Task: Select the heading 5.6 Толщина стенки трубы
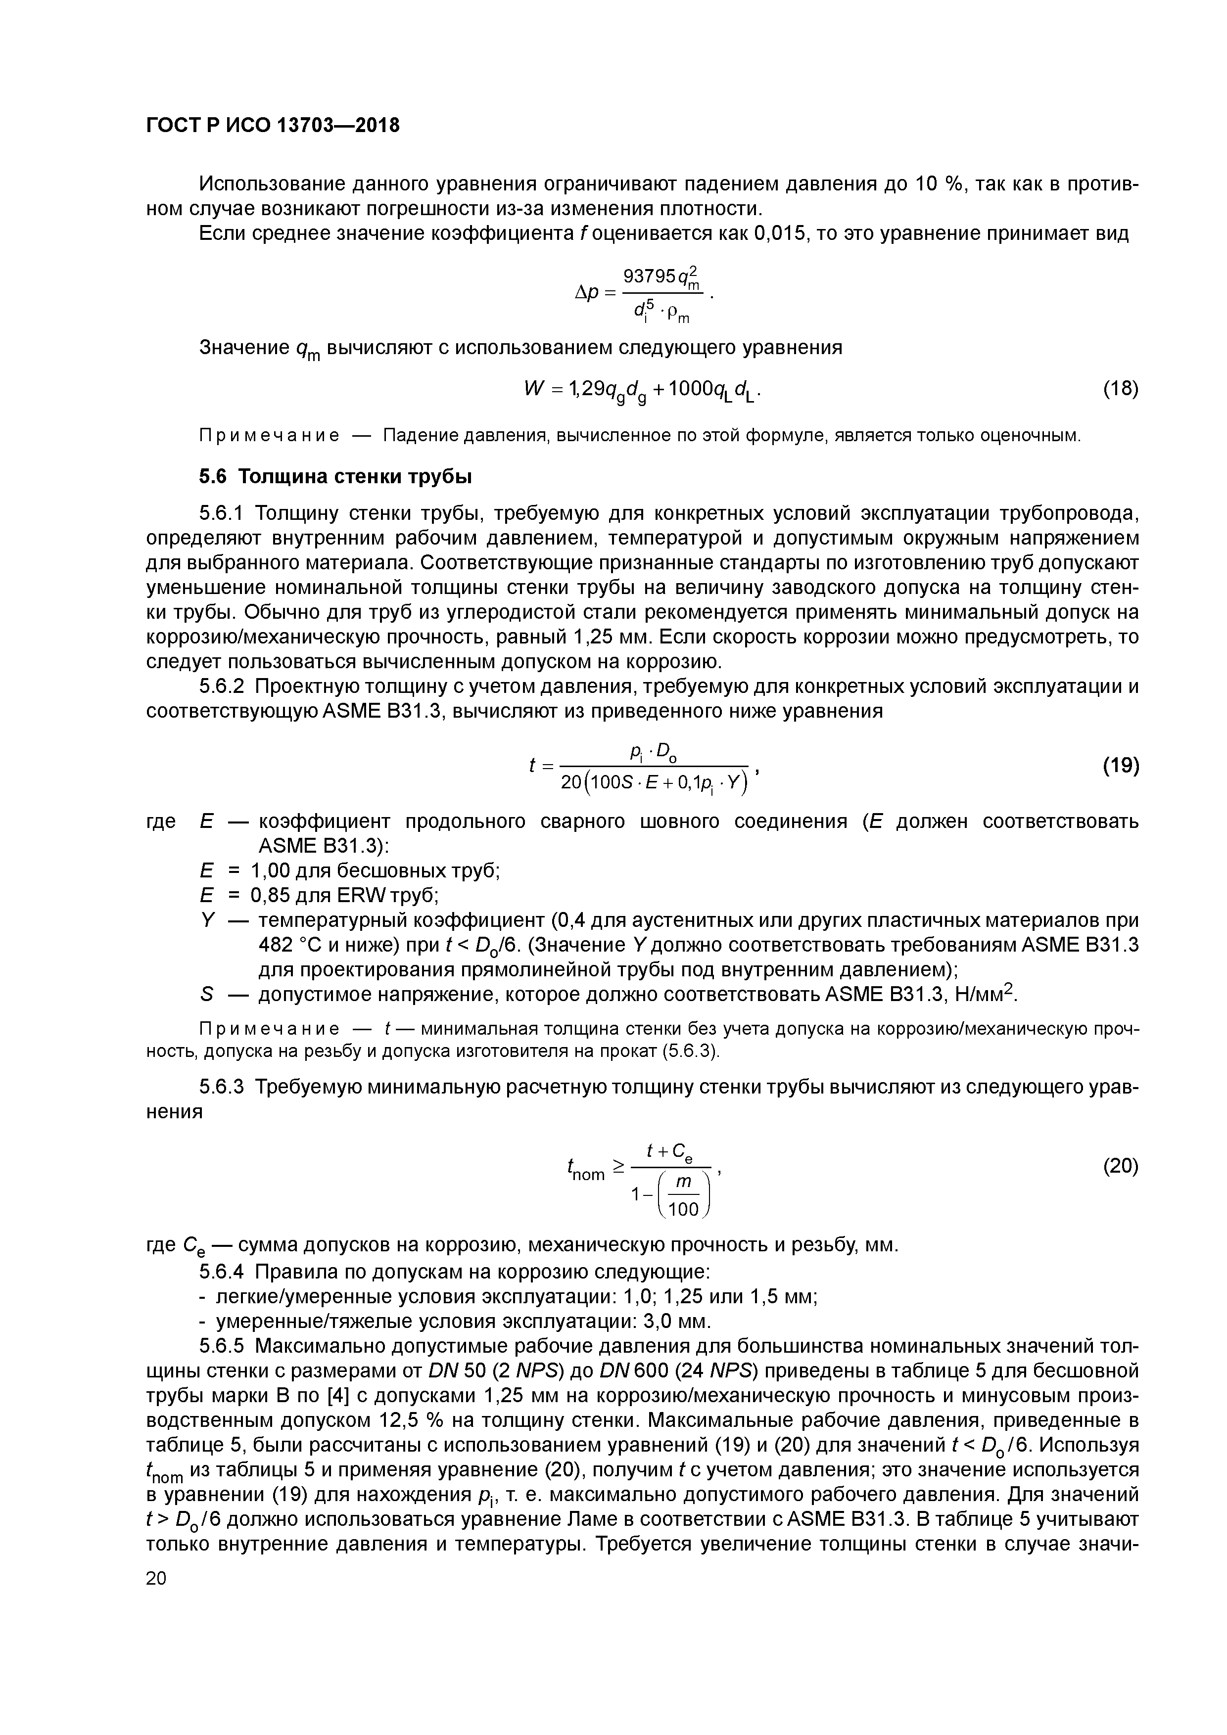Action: coord(335,477)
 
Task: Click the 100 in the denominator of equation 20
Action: coord(683,1210)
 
